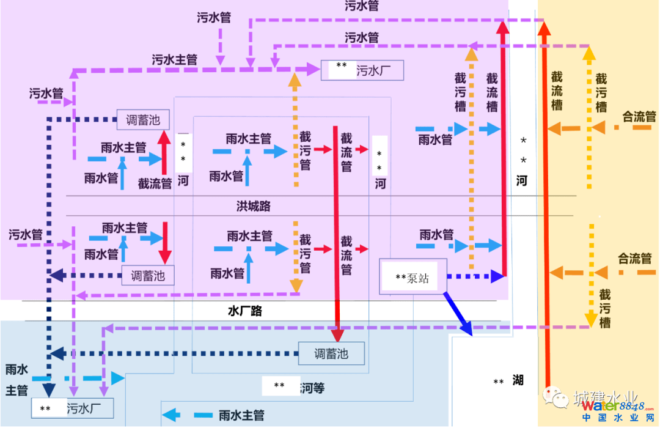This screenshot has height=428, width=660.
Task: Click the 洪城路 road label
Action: [254, 207]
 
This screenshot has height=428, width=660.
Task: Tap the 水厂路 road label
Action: [244, 311]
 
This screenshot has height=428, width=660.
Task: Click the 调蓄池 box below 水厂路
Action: [331, 353]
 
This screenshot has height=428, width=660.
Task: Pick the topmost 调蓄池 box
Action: [142, 120]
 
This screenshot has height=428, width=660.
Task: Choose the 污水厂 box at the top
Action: [362, 71]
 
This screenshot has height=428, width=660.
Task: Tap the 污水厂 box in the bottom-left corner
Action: [72, 408]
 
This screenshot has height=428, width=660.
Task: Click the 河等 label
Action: [312, 387]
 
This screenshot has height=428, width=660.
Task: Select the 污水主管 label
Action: [174, 60]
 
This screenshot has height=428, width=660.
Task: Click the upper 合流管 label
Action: [639, 116]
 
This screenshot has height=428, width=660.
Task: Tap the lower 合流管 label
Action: [635, 258]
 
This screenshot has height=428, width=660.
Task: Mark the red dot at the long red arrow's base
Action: [548, 386]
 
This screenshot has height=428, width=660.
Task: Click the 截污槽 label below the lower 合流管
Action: [604, 309]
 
